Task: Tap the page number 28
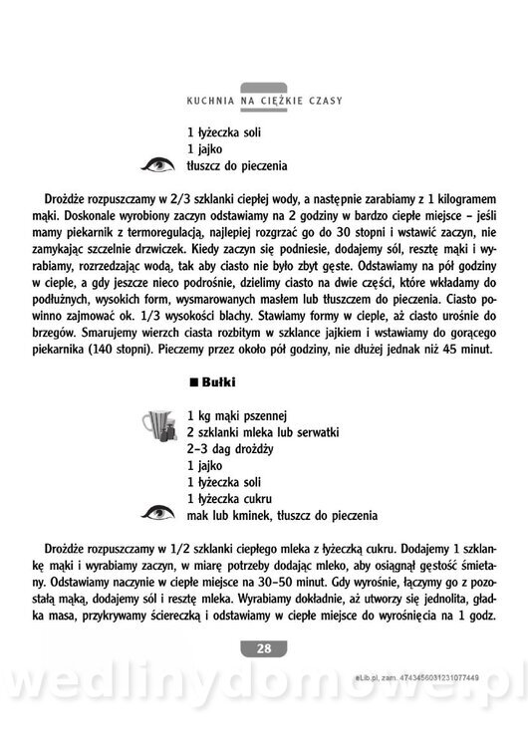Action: pyautogui.click(x=264, y=648)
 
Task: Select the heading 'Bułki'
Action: pyautogui.click(x=217, y=381)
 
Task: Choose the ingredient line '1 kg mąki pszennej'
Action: pyautogui.click(x=237, y=416)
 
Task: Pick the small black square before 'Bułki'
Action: pyautogui.click(x=193, y=381)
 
